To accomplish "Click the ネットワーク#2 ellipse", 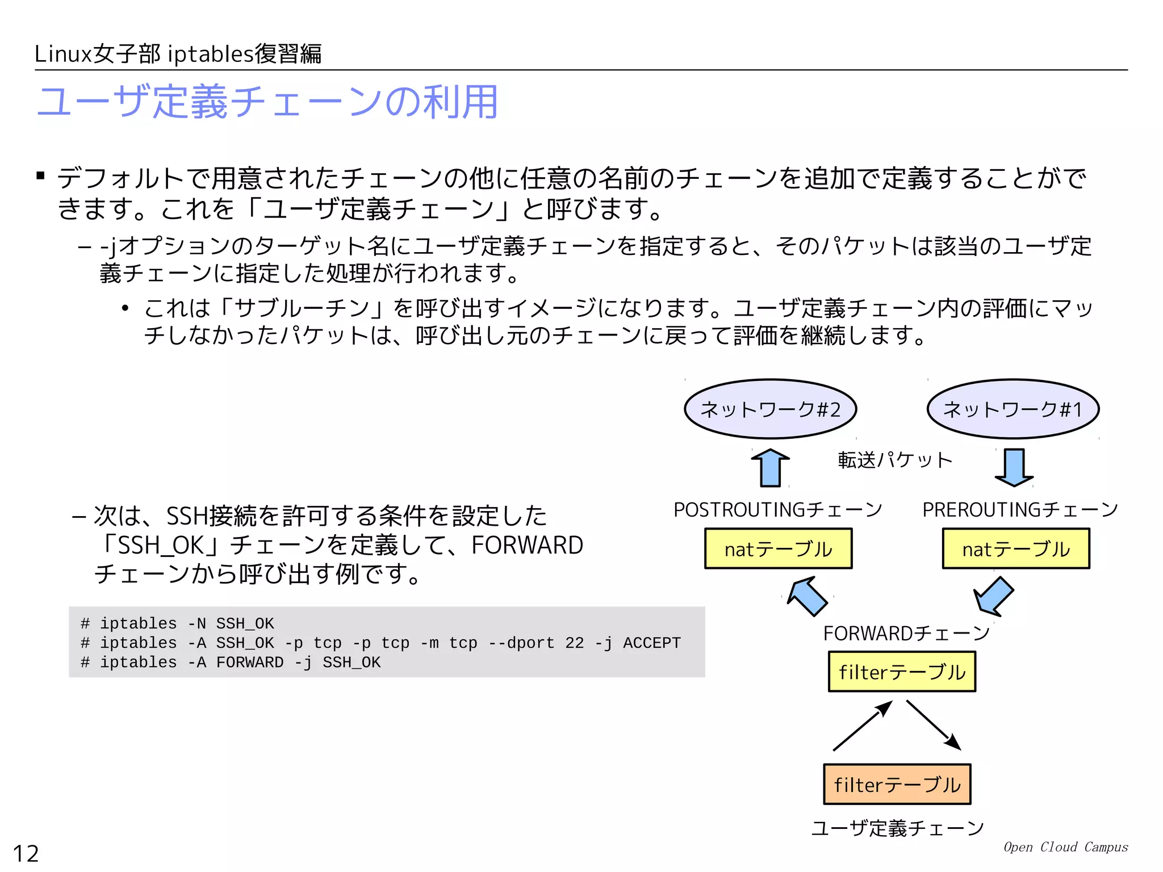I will pyautogui.click(x=770, y=409).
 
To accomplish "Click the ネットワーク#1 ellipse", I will pyautogui.click(x=1013, y=409).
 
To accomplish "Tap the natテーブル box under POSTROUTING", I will pyautogui.click(x=778, y=548).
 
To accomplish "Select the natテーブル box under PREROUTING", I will pyautogui.click(x=1015, y=548).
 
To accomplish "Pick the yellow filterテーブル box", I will pyautogui.click(x=902, y=672).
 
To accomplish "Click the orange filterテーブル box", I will pyautogui.click(x=897, y=784).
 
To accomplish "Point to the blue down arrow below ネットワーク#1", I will pyautogui.click(x=1014, y=467).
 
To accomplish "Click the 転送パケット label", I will pyautogui.click(x=895, y=460).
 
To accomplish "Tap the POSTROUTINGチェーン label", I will pyautogui.click(x=777, y=510).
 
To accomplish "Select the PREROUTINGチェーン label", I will pyautogui.click(x=1020, y=510).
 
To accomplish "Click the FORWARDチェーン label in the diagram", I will pyautogui.click(x=906, y=633).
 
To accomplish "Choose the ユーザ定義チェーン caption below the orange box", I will pyautogui.click(x=897, y=828).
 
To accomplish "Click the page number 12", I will pyautogui.click(x=26, y=853).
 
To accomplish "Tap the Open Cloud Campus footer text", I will pyautogui.click(x=1065, y=847).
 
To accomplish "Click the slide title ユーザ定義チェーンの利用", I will pyautogui.click(x=267, y=102).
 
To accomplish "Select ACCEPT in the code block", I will pyautogui.click(x=651, y=643).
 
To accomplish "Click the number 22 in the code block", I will pyautogui.click(x=574, y=643).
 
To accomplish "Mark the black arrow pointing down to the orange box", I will pyautogui.click(x=934, y=725).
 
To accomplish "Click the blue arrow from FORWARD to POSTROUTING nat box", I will pyautogui.click(x=808, y=596).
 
